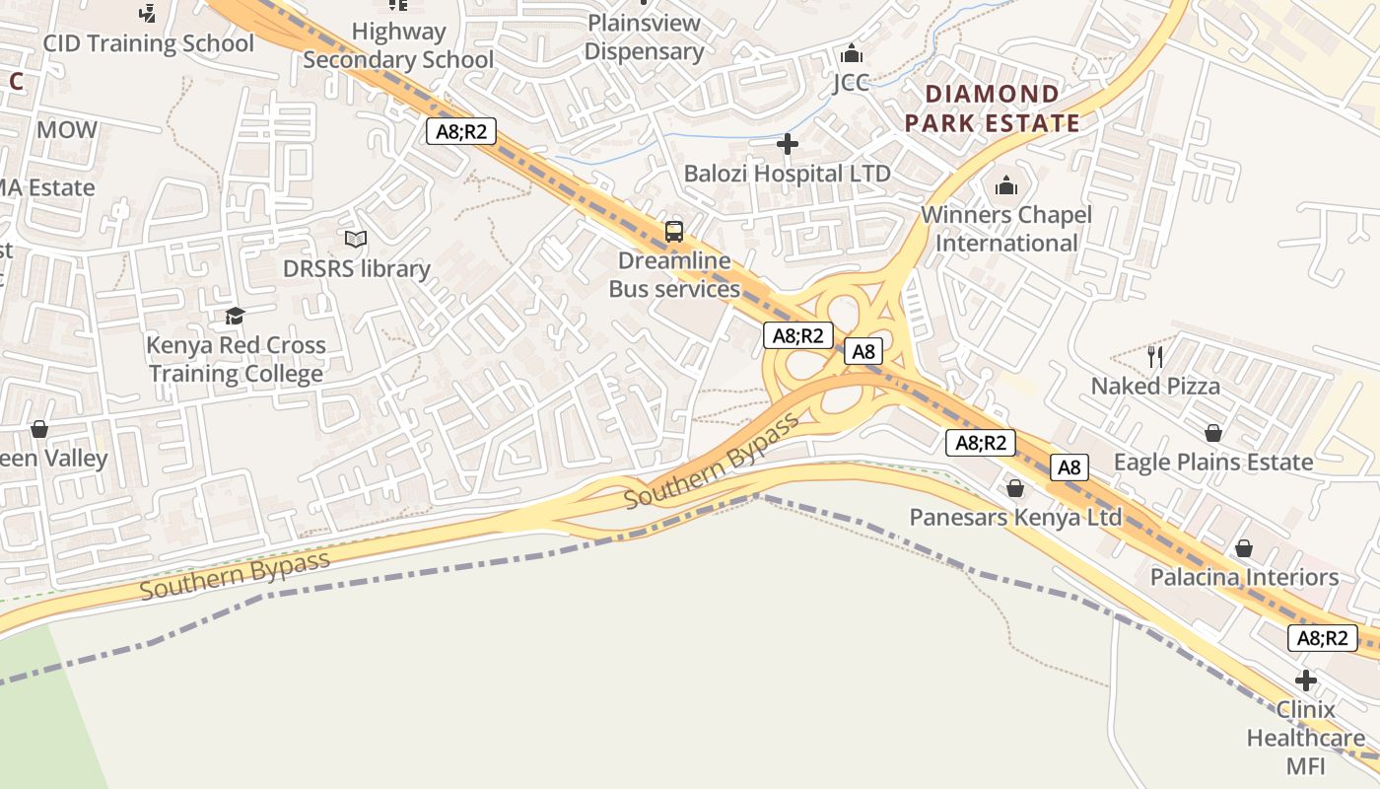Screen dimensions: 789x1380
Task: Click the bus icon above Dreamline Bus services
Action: click(x=674, y=232)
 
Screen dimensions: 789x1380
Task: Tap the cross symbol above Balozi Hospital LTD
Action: click(x=787, y=145)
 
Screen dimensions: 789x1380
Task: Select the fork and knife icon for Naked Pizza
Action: click(x=1155, y=356)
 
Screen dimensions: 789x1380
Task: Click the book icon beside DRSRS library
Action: click(x=356, y=239)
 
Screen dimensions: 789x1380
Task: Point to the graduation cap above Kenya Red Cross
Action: click(x=235, y=316)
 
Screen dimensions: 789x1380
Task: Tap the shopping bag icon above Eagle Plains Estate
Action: click(x=1212, y=433)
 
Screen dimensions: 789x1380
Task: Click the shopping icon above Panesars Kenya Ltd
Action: click(x=1015, y=488)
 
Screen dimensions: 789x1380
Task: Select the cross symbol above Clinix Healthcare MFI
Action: click(x=1306, y=681)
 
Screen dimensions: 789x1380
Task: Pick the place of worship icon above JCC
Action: click(x=851, y=53)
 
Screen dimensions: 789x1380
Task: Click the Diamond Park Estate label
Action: click(x=993, y=108)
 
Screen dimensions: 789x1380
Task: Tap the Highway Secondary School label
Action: click(x=398, y=45)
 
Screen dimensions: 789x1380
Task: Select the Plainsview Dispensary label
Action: click(x=644, y=37)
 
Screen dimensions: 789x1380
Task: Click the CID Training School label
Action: click(x=148, y=43)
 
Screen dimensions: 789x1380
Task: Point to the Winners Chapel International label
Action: click(x=1006, y=229)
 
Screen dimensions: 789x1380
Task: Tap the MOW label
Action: click(x=67, y=129)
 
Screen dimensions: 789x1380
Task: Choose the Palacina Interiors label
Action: click(x=1244, y=577)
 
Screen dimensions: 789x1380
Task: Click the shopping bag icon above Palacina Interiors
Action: click(x=1244, y=547)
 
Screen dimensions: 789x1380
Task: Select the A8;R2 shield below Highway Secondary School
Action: click(x=461, y=131)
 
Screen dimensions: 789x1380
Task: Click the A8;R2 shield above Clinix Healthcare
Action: click(x=1322, y=637)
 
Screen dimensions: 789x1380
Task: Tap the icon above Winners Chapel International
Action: click(x=1006, y=184)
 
